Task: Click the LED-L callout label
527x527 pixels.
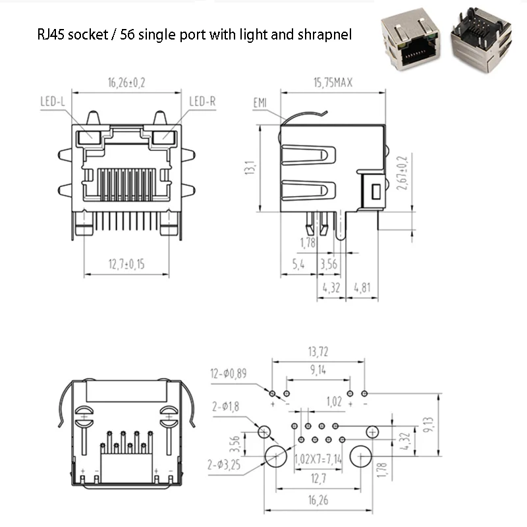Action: click(x=53, y=101)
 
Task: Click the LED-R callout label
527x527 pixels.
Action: click(x=203, y=101)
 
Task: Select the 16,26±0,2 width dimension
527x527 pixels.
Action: click(x=126, y=83)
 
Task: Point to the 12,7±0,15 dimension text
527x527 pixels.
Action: click(x=126, y=265)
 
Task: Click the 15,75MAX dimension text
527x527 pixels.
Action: click(x=333, y=83)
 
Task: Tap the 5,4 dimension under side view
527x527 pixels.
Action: click(x=297, y=265)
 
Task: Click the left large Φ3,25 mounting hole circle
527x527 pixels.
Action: click(x=275, y=456)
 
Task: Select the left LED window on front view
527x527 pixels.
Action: click(x=88, y=138)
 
